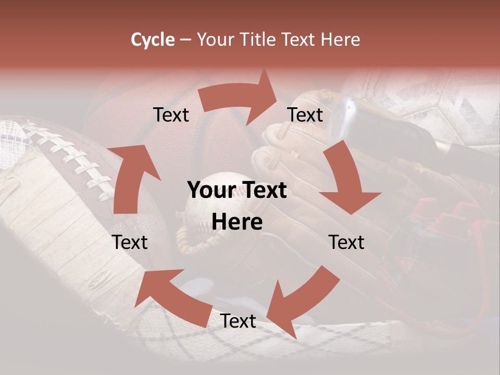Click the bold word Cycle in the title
(x=153, y=40)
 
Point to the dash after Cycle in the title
(x=185, y=40)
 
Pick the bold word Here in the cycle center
(x=237, y=222)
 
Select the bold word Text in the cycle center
(x=262, y=191)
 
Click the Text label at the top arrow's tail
(x=171, y=115)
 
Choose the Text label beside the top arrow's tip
(x=305, y=115)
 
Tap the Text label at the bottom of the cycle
(x=238, y=321)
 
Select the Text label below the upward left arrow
(x=130, y=242)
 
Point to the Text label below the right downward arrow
(x=346, y=242)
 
